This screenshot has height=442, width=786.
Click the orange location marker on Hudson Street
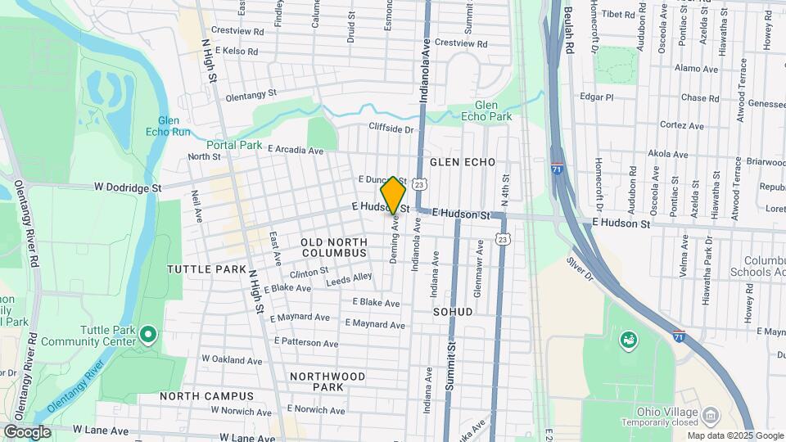point(393,196)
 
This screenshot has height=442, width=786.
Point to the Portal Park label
point(239,145)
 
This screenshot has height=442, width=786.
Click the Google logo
point(26,431)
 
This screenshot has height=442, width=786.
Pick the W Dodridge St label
point(127,187)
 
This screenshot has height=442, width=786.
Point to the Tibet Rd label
point(617,15)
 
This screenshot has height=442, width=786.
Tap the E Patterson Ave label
point(306,343)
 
